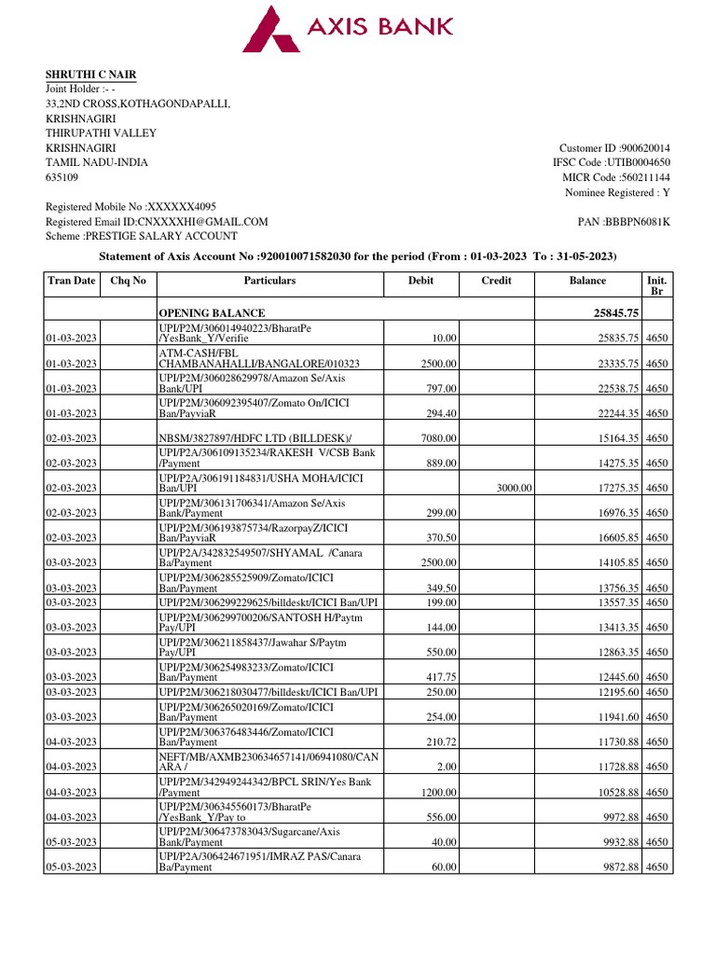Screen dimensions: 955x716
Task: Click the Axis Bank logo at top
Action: click(x=347, y=28)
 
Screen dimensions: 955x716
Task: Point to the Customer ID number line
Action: click(x=614, y=148)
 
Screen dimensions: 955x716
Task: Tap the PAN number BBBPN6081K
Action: click(x=624, y=221)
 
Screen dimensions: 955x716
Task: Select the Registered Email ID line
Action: click(x=157, y=222)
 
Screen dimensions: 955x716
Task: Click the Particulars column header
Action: click(x=269, y=281)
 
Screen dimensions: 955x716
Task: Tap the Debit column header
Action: click(x=420, y=281)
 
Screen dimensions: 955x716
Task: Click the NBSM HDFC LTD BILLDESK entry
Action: click(x=245, y=437)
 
